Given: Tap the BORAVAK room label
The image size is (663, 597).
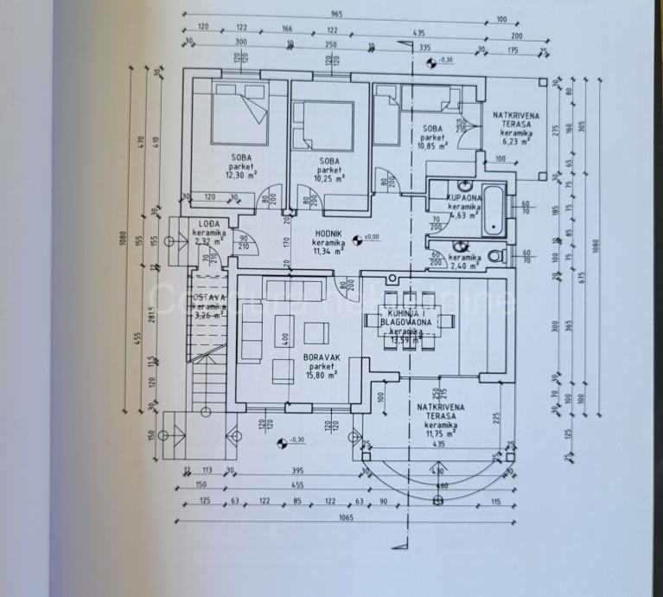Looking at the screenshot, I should [321, 356].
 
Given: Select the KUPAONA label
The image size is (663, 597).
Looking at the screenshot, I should [463, 198].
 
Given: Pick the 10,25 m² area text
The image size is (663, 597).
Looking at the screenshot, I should [328, 179].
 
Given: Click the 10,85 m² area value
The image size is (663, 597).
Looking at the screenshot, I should [433, 146].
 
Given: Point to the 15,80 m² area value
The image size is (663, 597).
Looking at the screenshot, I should [321, 376].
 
